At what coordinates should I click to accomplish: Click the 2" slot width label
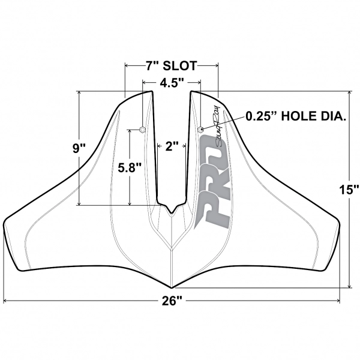click(172, 146)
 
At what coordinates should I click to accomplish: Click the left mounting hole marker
click(142, 129)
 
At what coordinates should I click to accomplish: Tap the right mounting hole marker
click(200, 129)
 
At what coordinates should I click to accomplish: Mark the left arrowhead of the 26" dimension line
click(6, 300)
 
